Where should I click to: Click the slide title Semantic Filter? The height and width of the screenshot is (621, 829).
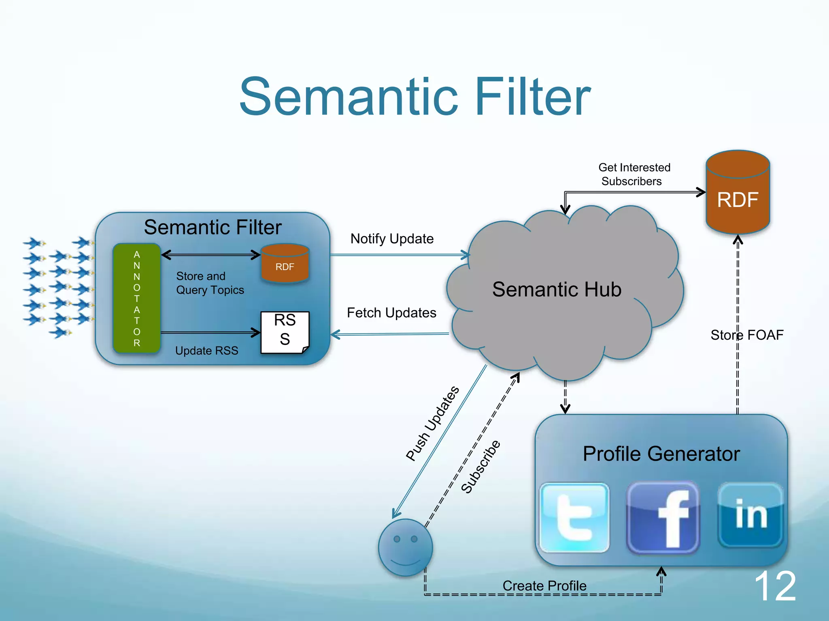tap(414, 97)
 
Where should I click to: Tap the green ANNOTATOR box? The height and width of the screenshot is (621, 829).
tap(137, 298)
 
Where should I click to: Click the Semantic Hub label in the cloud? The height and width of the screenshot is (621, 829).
tap(557, 289)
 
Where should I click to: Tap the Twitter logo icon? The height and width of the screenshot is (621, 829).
tap(574, 517)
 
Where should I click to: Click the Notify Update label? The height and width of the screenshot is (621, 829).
tap(392, 239)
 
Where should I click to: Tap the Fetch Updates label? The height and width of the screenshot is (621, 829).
tap(391, 313)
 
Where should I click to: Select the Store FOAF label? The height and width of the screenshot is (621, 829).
tap(747, 335)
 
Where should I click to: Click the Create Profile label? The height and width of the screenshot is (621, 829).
tap(544, 585)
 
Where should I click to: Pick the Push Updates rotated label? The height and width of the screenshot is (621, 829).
tap(432, 424)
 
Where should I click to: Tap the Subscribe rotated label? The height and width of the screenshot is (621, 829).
tap(481, 467)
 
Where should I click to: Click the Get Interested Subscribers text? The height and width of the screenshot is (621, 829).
tap(634, 174)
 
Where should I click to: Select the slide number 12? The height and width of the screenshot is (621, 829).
tap(775, 586)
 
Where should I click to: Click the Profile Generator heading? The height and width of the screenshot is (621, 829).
tap(661, 454)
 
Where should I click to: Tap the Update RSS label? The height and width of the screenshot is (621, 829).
tap(206, 351)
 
